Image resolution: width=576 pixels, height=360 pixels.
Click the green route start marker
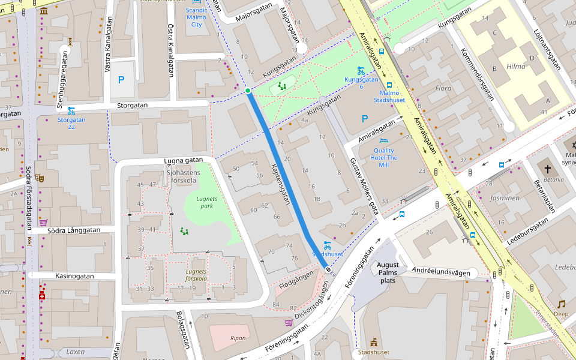[x=248, y=91]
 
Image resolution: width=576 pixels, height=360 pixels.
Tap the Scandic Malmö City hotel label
[x=196, y=17]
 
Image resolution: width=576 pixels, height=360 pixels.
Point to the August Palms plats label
[x=388, y=272]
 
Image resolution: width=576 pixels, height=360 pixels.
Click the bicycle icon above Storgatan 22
[x=71, y=110]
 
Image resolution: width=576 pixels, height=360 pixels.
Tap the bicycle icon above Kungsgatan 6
[x=361, y=70]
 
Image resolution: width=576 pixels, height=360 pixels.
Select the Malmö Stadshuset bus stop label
[x=392, y=97]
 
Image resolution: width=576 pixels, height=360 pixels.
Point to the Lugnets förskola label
[x=196, y=275]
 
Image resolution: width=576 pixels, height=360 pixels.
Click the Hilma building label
[x=515, y=67]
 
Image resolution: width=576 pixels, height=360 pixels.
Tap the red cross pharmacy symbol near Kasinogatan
[x=42, y=296]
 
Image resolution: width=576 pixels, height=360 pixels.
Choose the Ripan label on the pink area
[x=238, y=338]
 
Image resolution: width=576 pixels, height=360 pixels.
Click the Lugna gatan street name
[x=184, y=161]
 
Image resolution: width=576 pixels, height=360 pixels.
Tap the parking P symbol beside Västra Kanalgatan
[x=121, y=80]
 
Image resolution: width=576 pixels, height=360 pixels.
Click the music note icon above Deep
[x=562, y=304]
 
